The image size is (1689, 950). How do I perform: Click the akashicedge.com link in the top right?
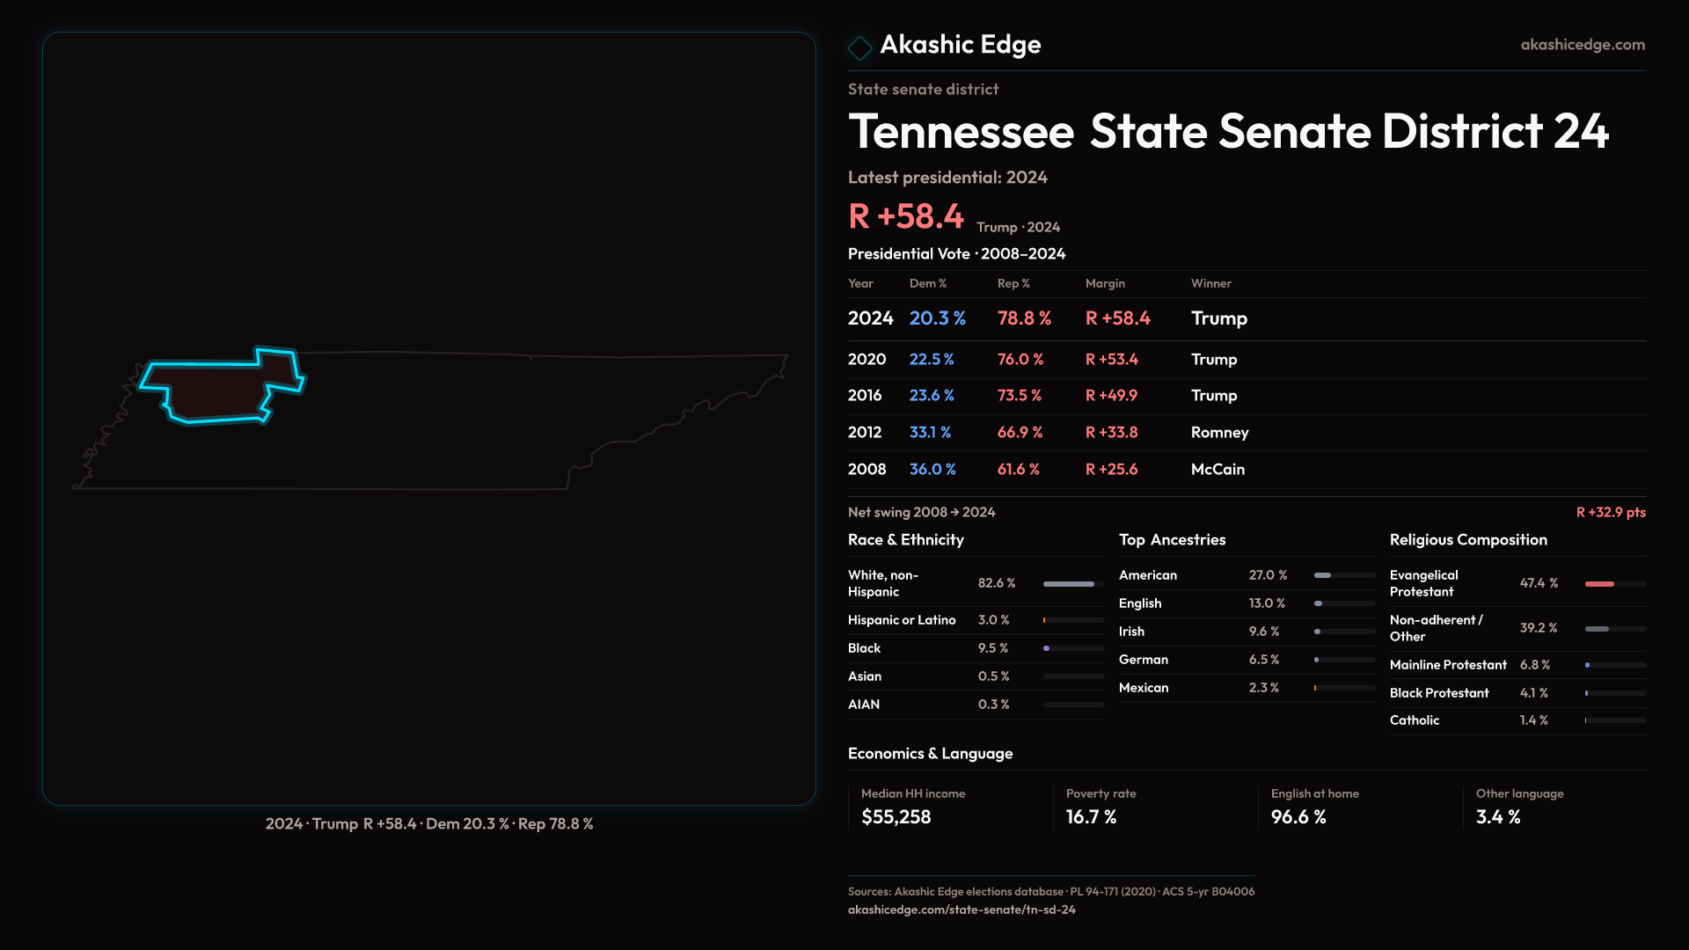1583,45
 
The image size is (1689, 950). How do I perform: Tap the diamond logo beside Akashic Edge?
859,47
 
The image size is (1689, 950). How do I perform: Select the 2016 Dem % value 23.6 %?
932,396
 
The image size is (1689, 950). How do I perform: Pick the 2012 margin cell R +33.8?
1111,433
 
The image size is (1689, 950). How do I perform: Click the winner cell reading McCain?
1217,470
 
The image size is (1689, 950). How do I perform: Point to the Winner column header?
1210,283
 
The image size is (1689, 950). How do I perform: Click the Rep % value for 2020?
1020,360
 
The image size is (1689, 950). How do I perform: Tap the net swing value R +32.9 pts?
1610,513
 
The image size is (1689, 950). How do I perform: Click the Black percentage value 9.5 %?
993,648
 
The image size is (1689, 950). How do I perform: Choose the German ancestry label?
1144,660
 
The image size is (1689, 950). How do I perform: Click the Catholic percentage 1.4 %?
1533,720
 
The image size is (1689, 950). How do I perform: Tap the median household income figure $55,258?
896,817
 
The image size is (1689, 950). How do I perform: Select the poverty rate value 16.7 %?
1091,817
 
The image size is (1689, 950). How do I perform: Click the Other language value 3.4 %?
1498,817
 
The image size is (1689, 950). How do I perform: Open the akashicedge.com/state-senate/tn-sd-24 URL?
961,910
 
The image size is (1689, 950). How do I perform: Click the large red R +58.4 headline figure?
906,216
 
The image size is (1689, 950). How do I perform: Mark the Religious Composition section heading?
1468,540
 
